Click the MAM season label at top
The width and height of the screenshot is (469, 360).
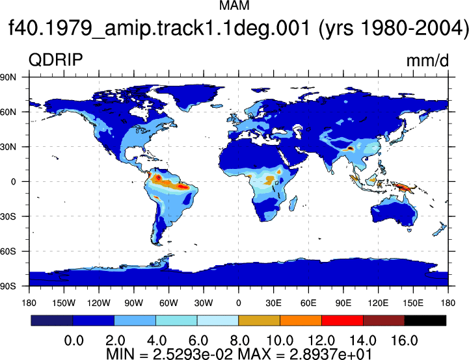click(234, 6)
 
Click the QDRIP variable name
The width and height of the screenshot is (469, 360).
click(56, 60)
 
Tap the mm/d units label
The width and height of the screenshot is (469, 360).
click(427, 60)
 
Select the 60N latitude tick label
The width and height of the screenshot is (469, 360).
click(8, 112)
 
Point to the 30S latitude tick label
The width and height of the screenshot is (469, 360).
click(8, 216)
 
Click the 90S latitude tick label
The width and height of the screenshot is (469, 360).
click(8, 286)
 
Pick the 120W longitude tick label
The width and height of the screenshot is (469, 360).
click(99, 303)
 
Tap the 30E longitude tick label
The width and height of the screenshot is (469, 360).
click(273, 303)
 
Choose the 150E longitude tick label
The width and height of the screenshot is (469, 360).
click(413, 303)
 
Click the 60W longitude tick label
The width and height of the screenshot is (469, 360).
click(168, 303)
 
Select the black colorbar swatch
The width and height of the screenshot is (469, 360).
click(425, 320)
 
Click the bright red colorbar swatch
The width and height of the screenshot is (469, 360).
click(342, 320)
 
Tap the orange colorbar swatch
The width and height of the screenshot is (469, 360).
click(301, 320)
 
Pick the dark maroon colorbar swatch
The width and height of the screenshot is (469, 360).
click(384, 320)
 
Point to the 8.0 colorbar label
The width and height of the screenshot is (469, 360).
click(240, 341)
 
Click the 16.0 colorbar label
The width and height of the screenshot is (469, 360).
click(405, 341)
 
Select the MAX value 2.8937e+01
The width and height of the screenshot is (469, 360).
click(331, 354)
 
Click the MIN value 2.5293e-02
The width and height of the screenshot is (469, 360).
click(193, 354)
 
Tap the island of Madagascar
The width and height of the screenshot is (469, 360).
click(293, 203)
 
